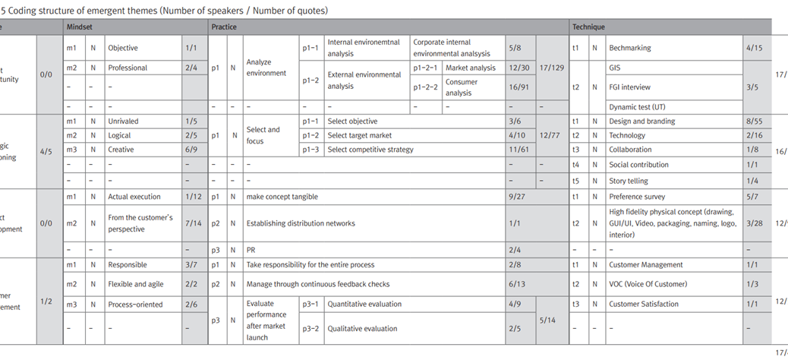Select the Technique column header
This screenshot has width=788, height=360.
click(588, 27)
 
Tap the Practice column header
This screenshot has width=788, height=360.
click(224, 27)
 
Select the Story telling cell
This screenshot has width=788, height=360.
click(629, 181)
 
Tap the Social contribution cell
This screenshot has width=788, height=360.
click(638, 165)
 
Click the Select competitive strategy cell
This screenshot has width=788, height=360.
click(370, 150)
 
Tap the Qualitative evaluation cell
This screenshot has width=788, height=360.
click(362, 329)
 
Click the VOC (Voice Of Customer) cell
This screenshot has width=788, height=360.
click(648, 284)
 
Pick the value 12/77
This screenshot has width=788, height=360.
click(552, 136)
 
